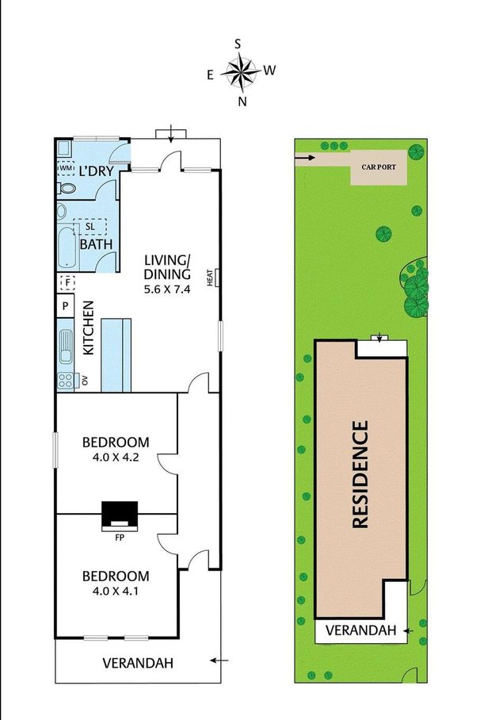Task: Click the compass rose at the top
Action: click(240, 72)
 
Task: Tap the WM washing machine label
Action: click(65, 168)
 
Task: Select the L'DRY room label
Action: click(94, 170)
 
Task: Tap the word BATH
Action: click(95, 244)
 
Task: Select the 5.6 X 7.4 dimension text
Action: click(167, 289)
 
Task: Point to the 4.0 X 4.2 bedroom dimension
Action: click(116, 457)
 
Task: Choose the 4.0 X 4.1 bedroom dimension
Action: click(116, 590)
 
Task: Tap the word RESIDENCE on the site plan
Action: click(360, 475)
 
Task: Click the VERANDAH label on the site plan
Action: click(360, 630)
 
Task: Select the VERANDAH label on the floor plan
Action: click(138, 663)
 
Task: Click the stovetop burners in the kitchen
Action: click(65, 380)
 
